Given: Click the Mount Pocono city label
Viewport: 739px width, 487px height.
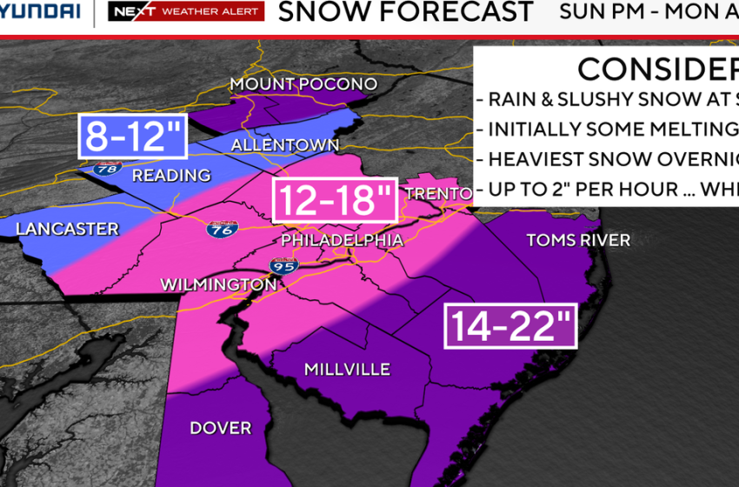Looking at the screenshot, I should pyautogui.click(x=303, y=84).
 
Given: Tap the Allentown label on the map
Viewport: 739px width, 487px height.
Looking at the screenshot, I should pyautogui.click(x=285, y=144).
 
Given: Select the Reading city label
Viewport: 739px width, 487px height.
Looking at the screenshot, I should pyautogui.click(x=171, y=176).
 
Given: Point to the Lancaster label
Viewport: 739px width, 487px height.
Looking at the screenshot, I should pyautogui.click(x=67, y=230).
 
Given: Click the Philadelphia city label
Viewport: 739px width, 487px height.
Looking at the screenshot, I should pyautogui.click(x=342, y=240).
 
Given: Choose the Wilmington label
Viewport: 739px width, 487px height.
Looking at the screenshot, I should pyautogui.click(x=218, y=284).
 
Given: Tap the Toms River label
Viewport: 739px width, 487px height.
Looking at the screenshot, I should pyautogui.click(x=578, y=240).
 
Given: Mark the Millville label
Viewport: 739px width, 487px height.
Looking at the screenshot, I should pyautogui.click(x=347, y=370).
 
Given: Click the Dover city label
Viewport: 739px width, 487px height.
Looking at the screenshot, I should pyautogui.click(x=221, y=428).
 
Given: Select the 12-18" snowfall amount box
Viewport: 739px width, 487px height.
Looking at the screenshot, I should pyautogui.click(x=335, y=201).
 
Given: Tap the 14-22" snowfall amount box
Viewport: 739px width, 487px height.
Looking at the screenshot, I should pyautogui.click(x=510, y=325).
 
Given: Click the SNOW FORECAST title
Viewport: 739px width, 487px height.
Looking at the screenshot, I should pyautogui.click(x=405, y=12).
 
